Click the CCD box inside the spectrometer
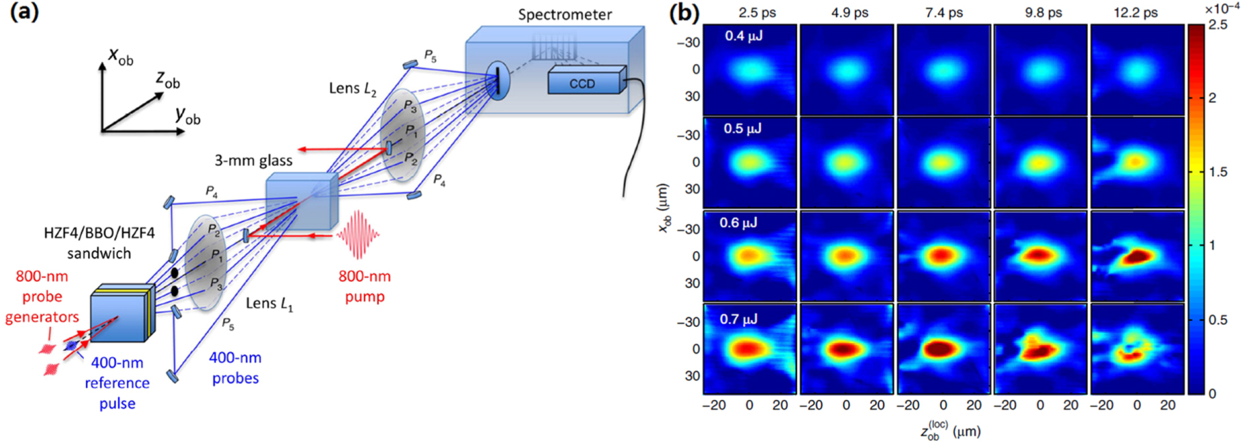583,83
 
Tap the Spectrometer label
564,14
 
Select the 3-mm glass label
253,160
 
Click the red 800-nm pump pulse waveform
358,234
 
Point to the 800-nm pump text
364,286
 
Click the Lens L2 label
352,88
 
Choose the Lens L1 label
269,303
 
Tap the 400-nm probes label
235,367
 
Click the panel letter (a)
24,12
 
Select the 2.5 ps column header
757,12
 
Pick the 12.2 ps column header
1136,12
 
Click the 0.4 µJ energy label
743,36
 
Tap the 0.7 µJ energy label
738,319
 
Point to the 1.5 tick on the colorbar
1217,171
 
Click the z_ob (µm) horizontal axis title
950,431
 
